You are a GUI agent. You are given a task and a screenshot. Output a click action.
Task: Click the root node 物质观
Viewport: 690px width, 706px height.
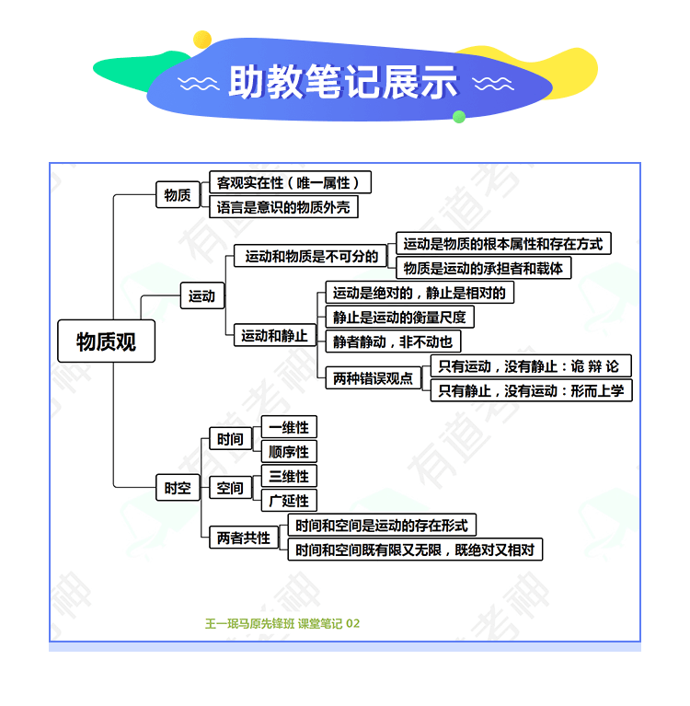tap(106, 341)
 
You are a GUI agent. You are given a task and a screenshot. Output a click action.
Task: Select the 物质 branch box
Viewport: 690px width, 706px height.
tap(178, 194)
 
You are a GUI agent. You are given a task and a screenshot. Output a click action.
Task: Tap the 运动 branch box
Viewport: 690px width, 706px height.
tap(202, 295)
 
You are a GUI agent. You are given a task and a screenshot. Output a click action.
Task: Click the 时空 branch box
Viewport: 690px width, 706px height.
tap(178, 487)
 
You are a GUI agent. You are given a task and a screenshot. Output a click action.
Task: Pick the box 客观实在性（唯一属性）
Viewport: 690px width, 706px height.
tap(291, 182)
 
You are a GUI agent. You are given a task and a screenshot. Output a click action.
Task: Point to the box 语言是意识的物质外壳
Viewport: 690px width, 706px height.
tap(283, 207)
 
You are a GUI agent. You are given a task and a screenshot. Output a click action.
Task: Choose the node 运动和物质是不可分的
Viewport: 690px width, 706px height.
tap(311, 256)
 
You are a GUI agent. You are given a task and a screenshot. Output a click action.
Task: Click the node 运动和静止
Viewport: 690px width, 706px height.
tap(274, 335)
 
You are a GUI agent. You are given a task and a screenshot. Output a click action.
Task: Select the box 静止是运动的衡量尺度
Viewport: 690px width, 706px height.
tap(399, 317)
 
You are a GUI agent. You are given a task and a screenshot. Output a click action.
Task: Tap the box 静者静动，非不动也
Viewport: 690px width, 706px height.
tap(393, 341)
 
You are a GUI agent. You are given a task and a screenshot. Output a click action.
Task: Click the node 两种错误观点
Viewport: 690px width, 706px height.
tap(374, 377)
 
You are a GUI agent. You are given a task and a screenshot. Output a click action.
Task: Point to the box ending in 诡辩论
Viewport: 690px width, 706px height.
tap(531, 365)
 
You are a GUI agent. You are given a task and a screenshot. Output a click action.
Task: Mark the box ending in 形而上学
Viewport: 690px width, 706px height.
tap(531, 390)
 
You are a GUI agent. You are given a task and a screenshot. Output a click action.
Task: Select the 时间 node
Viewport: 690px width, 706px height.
tap(230, 438)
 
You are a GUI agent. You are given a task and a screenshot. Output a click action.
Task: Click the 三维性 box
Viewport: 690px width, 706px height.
tap(289, 476)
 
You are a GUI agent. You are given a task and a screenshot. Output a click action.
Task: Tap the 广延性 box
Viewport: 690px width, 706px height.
tap(289, 500)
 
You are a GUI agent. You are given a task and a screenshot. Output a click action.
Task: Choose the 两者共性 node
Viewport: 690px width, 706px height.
tap(244, 537)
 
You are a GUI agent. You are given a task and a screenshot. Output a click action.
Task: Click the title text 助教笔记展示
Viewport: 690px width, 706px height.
tap(343, 82)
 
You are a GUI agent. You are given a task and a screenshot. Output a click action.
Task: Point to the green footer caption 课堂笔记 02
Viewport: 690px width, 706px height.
tap(328, 623)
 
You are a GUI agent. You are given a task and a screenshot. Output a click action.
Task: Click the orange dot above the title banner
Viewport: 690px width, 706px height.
tap(202, 40)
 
